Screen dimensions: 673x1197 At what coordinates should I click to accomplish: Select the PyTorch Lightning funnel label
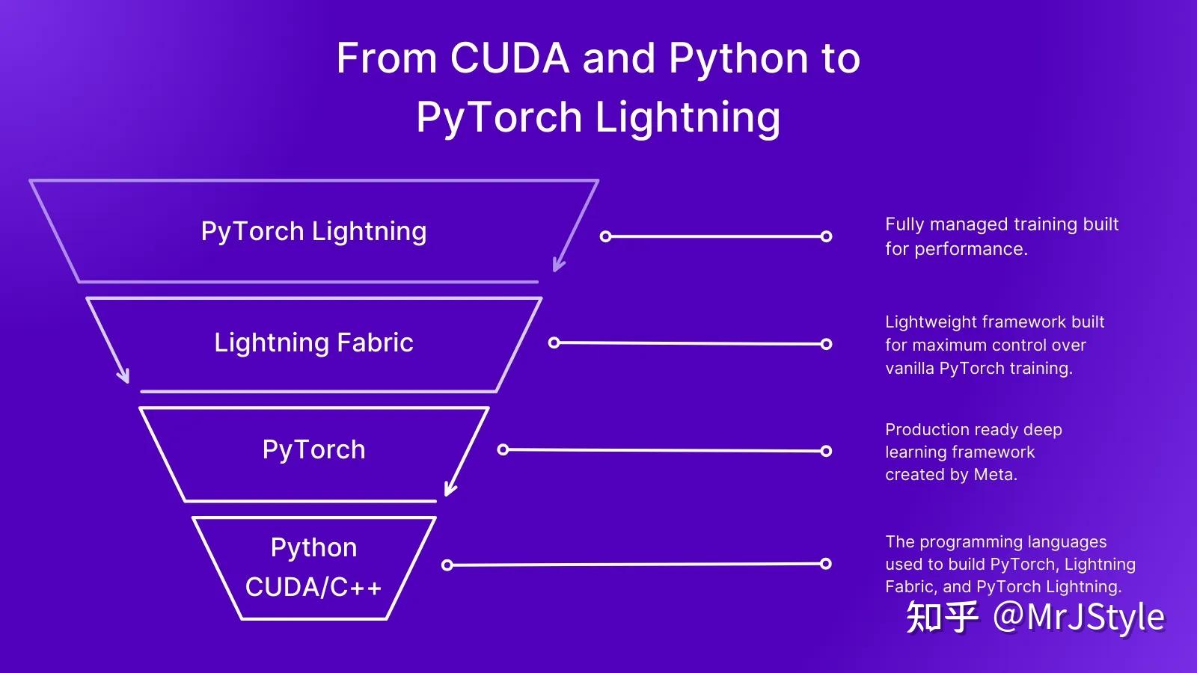pos(313,231)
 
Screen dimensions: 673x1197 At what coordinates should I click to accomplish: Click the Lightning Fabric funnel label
pos(313,342)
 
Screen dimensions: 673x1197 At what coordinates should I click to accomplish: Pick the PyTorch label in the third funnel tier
pos(313,449)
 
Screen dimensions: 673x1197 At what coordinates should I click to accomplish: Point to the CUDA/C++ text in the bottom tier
pos(313,587)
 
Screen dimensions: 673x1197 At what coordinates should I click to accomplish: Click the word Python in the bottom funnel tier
pos(313,547)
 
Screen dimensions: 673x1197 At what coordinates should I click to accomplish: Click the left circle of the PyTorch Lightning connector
pos(606,236)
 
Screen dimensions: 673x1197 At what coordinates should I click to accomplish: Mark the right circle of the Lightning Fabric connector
pos(826,344)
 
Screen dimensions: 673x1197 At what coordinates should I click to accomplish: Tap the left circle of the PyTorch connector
pos(503,449)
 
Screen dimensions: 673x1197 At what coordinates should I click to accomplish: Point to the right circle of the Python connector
pos(826,563)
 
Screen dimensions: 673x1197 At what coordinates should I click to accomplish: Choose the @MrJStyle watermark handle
pos(1078,617)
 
